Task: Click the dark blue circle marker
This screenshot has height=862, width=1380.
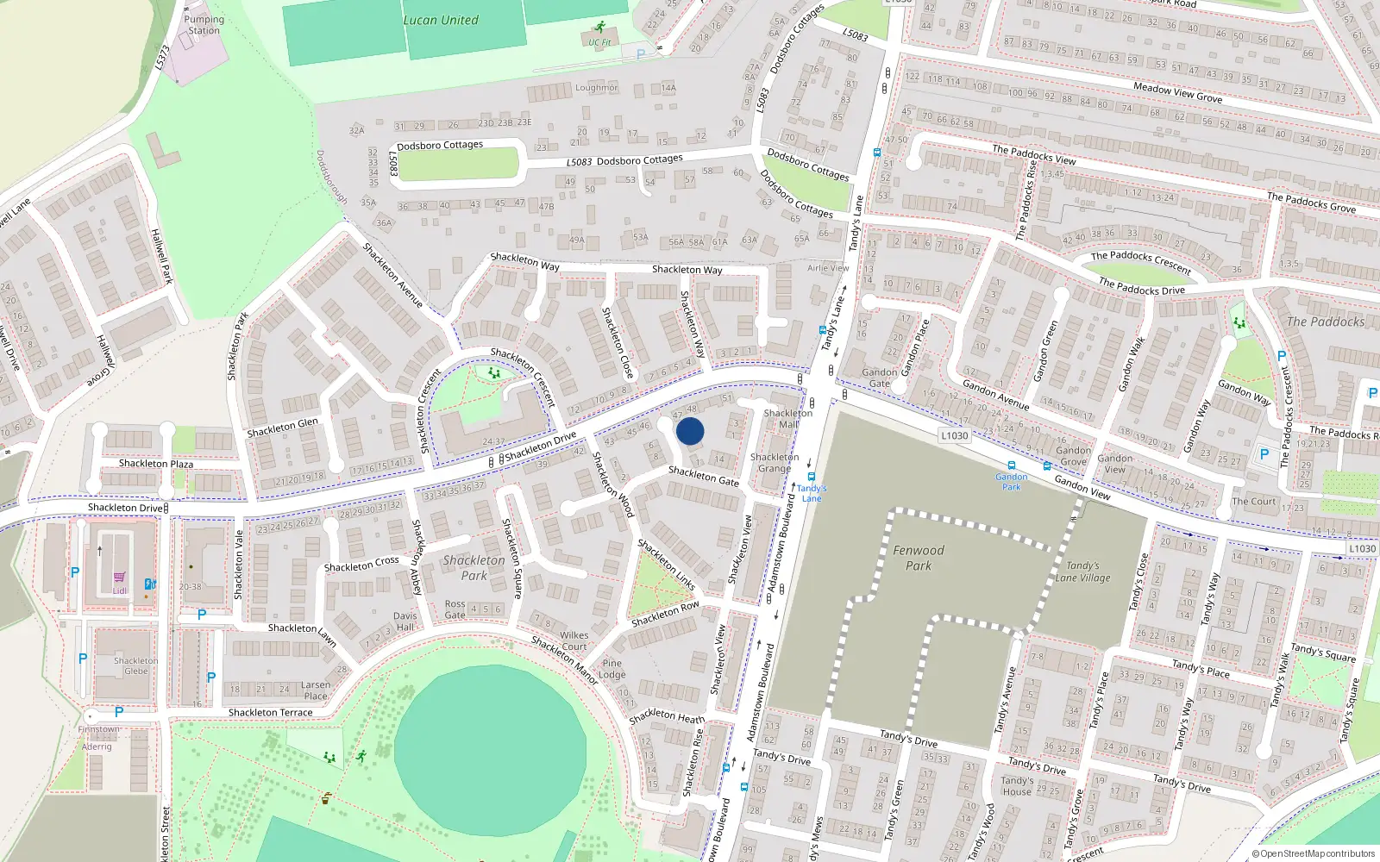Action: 690,431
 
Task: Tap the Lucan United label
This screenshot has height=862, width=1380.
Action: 441,20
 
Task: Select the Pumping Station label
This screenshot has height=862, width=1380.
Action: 204,25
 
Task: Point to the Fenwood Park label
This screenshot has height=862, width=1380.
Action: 919,558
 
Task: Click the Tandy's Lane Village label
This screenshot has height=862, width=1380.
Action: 1082,572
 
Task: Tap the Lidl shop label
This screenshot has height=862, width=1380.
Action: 119,590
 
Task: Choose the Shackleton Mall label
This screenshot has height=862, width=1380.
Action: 787,418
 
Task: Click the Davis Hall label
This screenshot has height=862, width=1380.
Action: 405,622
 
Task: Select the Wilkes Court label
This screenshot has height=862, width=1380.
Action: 574,640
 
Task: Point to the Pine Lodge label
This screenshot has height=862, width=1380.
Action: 612,669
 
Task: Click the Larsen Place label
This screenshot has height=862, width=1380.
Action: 316,690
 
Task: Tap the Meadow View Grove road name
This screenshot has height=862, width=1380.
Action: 1177,93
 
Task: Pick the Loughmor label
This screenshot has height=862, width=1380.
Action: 597,88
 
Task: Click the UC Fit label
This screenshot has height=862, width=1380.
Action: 599,42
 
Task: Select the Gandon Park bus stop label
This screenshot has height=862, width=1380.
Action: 1011,481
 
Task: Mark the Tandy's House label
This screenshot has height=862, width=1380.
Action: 1017,786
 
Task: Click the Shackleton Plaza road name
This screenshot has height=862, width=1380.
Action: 156,464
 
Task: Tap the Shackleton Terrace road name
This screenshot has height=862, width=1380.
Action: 271,713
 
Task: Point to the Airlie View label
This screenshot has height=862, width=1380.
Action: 828,268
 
